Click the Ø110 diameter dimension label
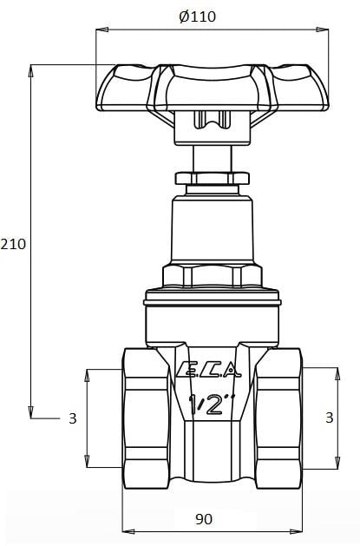point(197,16)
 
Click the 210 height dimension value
point(14,244)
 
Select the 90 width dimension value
point(204,519)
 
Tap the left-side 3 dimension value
point(73,418)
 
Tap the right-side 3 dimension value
point(329,418)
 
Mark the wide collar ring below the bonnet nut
point(213,299)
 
